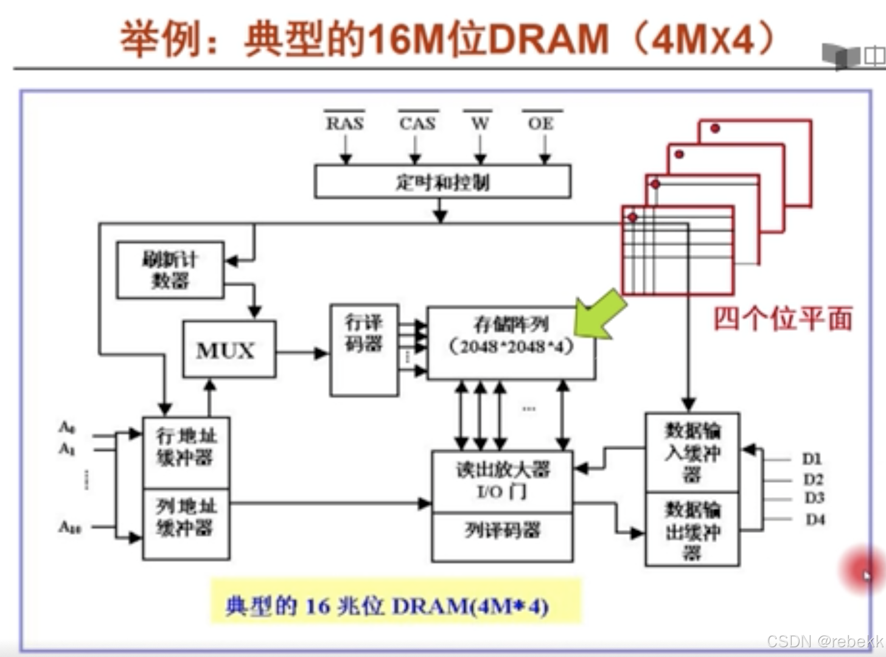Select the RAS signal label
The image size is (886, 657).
point(344,123)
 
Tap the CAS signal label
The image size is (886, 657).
point(417,123)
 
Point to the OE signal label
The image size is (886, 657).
point(541,123)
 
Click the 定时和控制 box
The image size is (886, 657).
point(442,181)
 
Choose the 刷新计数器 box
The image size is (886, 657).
point(170,270)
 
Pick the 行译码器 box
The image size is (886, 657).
point(364,350)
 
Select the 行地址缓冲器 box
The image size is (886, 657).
point(186,452)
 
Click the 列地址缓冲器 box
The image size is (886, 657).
point(186,524)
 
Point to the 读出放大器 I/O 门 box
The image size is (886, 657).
point(502,481)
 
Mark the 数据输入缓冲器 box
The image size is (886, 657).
point(692,452)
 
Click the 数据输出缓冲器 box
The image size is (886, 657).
point(692,530)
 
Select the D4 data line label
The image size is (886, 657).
point(815,520)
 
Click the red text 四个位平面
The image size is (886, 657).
point(783,319)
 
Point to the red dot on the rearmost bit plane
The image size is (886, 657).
point(715,128)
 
